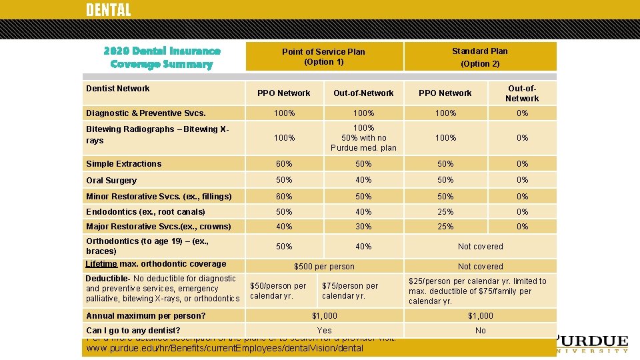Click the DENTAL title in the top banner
[109, 10]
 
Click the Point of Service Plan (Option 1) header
[323, 57]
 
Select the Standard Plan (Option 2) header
[480, 57]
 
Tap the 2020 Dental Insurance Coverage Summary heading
[162, 57]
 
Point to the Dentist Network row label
[118, 89]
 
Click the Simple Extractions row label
[124, 164]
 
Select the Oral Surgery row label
[111, 181]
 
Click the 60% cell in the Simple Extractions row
[285, 164]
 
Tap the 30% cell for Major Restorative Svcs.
[363, 227]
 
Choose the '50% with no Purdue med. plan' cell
[363, 137]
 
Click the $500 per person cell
[325, 267]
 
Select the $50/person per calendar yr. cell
[278, 291]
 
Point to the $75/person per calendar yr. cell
[350, 291]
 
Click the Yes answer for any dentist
[325, 331]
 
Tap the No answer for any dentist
[481, 331]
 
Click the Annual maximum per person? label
[146, 316]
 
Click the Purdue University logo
[591, 343]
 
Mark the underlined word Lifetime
[101, 264]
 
